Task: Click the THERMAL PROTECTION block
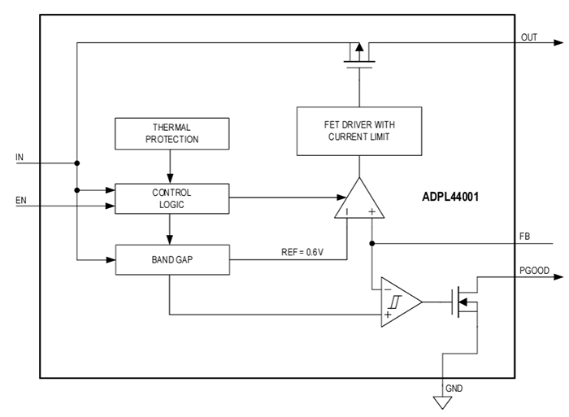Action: point(172,133)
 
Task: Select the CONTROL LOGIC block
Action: point(172,198)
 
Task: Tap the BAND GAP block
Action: point(172,259)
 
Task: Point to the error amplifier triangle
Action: point(359,202)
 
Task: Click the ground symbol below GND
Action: point(443,402)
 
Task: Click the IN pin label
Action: point(20,155)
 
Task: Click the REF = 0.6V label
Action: point(301,253)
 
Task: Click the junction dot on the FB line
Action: point(371,242)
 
